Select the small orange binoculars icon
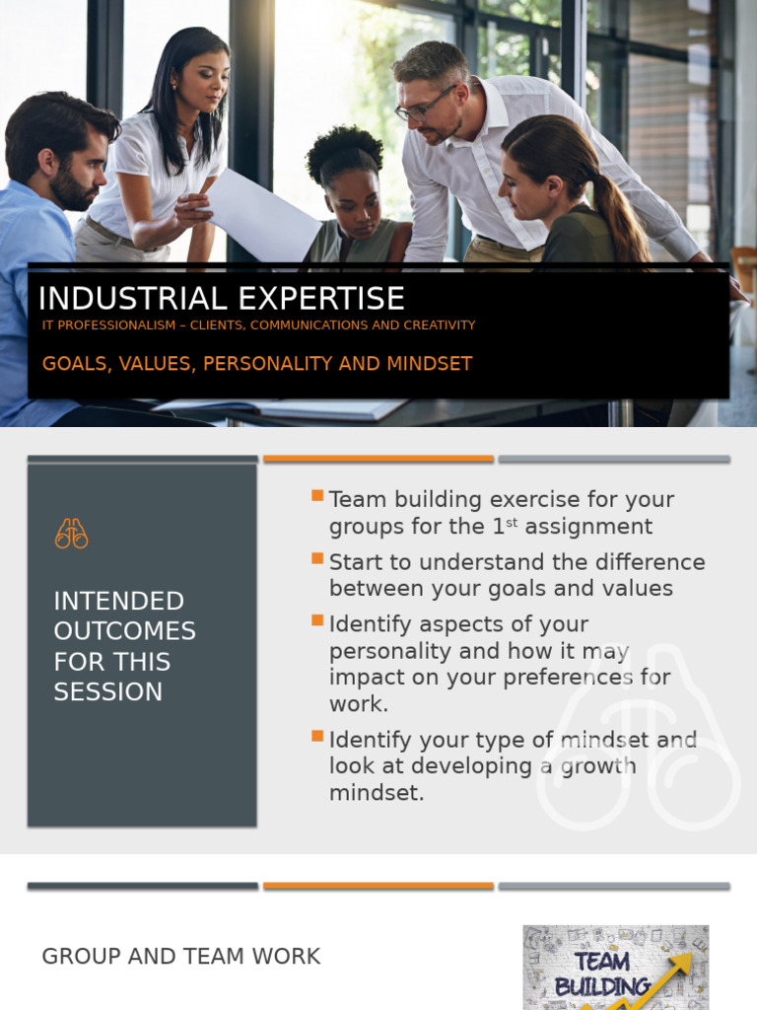71,534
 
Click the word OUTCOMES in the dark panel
124,631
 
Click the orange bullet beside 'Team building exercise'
317,495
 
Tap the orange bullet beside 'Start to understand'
317,558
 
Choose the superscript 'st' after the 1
511,523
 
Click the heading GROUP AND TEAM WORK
181,957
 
